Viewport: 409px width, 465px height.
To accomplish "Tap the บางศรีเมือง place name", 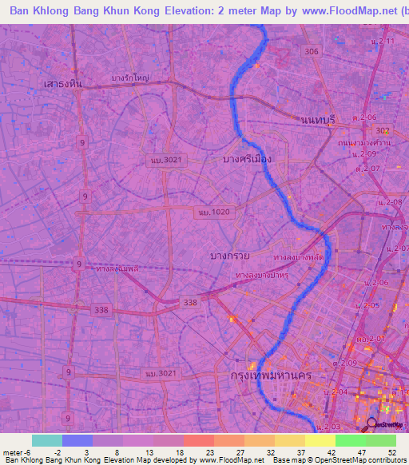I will point(248,159).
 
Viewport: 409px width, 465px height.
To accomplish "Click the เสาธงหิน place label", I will point(65,83).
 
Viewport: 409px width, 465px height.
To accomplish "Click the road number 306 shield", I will point(312,51).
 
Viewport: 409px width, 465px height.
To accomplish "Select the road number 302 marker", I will point(383,130).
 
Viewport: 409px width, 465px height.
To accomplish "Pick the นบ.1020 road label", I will point(212,213).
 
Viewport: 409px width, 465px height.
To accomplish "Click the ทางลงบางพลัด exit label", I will point(297,257).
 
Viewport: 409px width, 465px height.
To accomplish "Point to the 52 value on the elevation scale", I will point(391,452).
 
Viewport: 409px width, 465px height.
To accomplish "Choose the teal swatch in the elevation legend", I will point(47,440).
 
